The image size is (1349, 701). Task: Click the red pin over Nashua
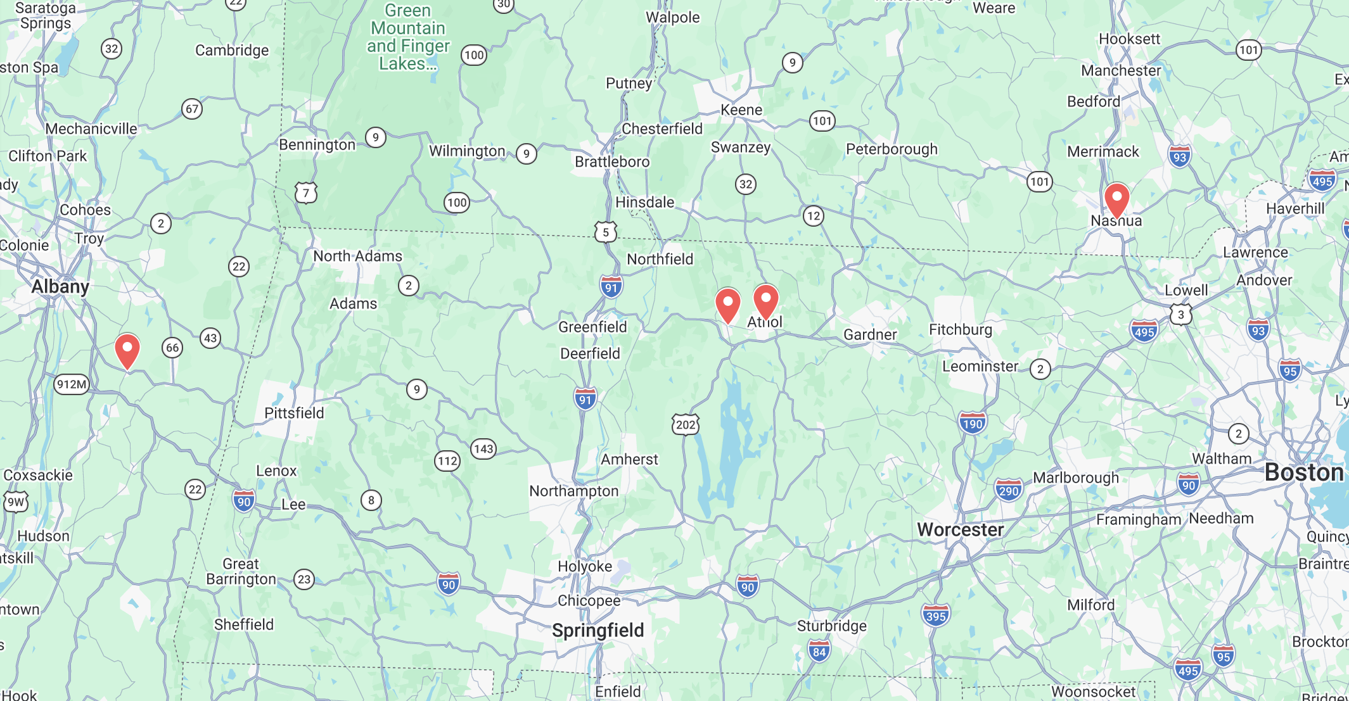(x=1116, y=199)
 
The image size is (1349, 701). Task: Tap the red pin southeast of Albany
(x=127, y=350)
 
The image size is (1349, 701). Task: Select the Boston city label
(x=1304, y=472)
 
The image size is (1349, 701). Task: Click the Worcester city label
(x=960, y=529)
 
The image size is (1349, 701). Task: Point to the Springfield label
(x=598, y=630)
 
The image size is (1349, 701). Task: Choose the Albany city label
(x=60, y=287)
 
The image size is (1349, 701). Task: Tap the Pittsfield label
(x=294, y=413)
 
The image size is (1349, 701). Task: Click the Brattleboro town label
(x=612, y=161)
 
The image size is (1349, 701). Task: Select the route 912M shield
(x=72, y=384)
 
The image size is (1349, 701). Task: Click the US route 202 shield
(x=685, y=424)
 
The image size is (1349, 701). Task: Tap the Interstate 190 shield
(x=972, y=423)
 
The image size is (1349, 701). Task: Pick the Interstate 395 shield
(x=935, y=616)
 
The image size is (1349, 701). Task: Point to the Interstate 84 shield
(x=819, y=651)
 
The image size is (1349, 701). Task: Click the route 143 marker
(x=483, y=449)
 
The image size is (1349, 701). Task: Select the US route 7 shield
(x=306, y=193)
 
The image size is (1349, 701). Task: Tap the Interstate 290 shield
(x=1008, y=490)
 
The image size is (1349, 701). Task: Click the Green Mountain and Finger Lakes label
(x=408, y=37)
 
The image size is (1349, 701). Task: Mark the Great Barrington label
(x=241, y=571)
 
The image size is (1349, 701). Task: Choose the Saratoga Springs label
(x=46, y=16)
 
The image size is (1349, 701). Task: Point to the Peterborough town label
(x=892, y=149)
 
